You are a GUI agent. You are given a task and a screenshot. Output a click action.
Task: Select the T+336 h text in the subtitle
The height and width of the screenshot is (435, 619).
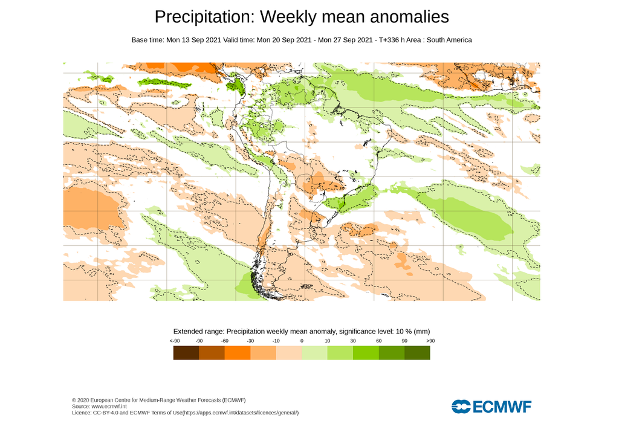pos(394,40)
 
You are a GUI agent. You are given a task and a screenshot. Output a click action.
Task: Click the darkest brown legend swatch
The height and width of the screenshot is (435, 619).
pos(186,353)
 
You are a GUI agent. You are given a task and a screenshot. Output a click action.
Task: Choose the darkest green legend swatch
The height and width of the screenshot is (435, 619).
pos(417,353)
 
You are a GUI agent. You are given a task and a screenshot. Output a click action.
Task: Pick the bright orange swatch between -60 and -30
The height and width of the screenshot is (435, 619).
pos(237,353)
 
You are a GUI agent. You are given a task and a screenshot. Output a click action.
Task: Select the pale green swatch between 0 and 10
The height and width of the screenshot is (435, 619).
pos(314,353)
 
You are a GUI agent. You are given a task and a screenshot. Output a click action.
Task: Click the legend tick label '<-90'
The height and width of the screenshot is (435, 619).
pos(174,342)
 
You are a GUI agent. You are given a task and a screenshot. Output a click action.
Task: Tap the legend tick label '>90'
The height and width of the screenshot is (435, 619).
pos(430,342)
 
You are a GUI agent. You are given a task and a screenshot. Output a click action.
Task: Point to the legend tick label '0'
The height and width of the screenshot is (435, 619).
pos(302,342)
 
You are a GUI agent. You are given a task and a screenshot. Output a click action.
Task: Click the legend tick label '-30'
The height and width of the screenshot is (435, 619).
pos(250,342)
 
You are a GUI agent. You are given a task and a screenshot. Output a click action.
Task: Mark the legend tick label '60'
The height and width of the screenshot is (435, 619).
pos(378,342)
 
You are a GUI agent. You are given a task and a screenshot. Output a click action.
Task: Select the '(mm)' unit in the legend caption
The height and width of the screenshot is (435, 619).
pos(421,332)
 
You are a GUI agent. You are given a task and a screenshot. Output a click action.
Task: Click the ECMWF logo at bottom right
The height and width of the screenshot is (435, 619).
pos(491,407)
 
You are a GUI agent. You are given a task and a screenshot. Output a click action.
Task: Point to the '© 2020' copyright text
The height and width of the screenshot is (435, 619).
pos(80,400)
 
